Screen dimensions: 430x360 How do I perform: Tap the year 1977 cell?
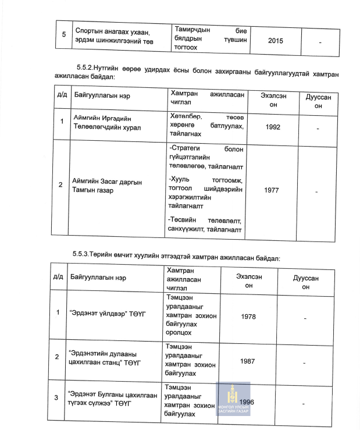point(272,190)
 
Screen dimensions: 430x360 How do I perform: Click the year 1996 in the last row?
point(247,402)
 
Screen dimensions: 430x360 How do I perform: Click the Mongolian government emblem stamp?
point(233,399)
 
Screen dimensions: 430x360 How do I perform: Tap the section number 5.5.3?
point(80,255)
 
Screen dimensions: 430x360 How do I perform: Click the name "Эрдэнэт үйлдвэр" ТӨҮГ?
point(107,314)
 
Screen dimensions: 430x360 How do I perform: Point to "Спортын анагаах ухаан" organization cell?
point(112,35)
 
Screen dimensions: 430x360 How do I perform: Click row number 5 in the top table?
point(64,35)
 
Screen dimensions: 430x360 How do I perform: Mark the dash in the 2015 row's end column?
point(320,41)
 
